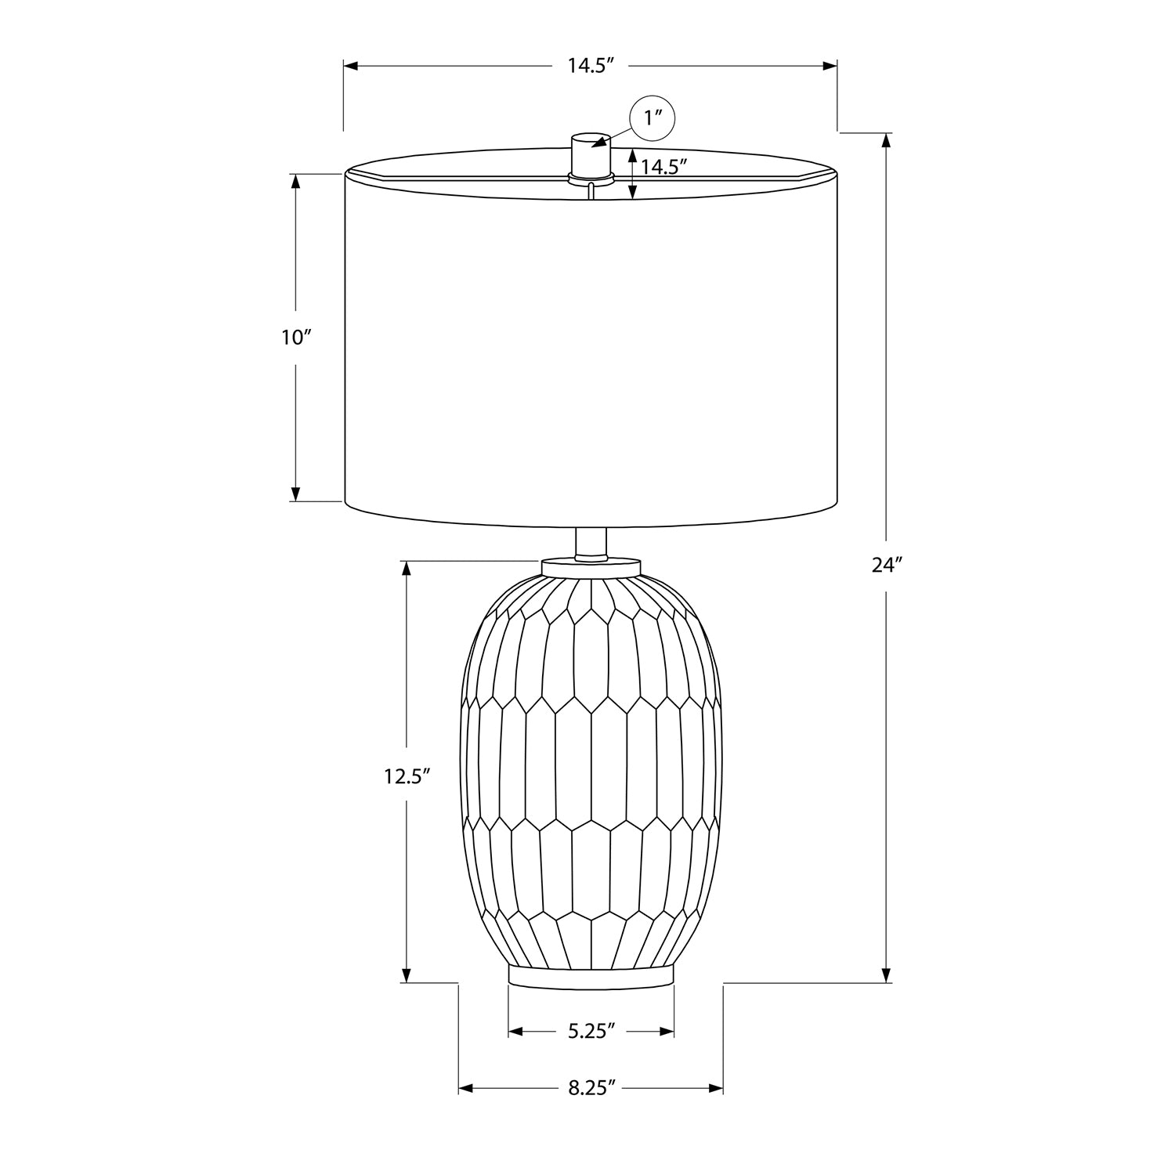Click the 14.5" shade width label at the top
pos(589,66)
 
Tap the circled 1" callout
pos(653,119)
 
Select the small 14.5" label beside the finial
pos(663,167)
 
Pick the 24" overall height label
pos(887,565)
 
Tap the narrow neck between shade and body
pos(591,543)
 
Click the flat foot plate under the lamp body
pos(591,975)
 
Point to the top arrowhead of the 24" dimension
pos(887,141)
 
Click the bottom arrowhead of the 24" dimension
pos(887,974)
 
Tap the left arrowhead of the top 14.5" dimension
pos(352,66)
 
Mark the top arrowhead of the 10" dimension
pos(296,181)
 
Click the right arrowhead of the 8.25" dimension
pos(715,1089)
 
